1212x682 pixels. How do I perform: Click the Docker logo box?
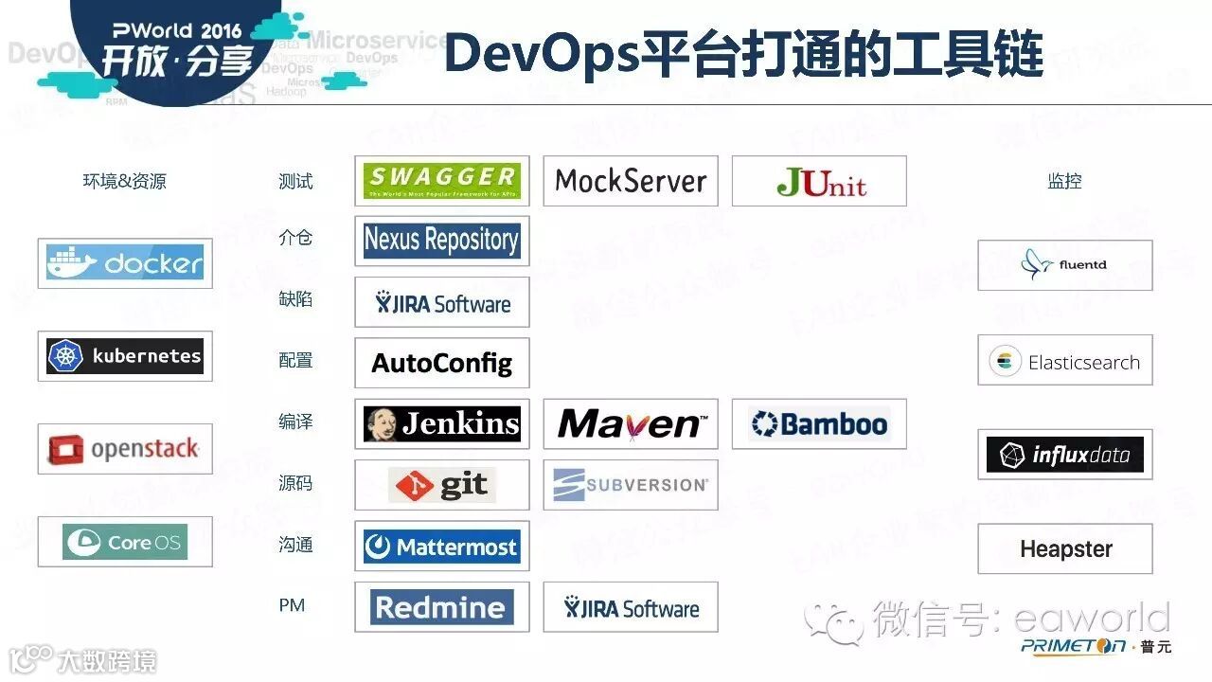[x=125, y=263]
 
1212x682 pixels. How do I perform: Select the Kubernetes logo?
[x=125, y=356]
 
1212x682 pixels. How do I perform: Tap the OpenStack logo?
[x=125, y=449]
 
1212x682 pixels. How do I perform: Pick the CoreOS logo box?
[x=125, y=542]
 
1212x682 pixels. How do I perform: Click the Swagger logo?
[x=441, y=181]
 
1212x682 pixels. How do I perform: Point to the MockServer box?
[x=631, y=181]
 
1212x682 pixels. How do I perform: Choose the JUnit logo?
[x=819, y=181]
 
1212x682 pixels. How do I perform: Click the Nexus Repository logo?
[x=441, y=241]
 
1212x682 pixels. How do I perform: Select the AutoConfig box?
[x=441, y=363]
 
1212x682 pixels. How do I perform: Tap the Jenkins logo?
[x=441, y=423]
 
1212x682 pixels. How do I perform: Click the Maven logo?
[x=631, y=423]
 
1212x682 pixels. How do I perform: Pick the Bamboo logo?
[x=819, y=423]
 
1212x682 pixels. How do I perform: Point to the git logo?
[x=441, y=485]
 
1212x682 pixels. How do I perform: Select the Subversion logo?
[x=631, y=485]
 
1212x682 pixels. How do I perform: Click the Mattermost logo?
[x=441, y=546]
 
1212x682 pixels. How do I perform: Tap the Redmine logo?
[x=441, y=607]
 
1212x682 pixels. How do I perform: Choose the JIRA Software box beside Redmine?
[x=631, y=607]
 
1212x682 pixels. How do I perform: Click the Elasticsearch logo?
[x=1065, y=360]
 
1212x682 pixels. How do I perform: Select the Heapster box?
[x=1065, y=548]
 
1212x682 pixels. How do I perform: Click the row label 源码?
[x=295, y=483]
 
